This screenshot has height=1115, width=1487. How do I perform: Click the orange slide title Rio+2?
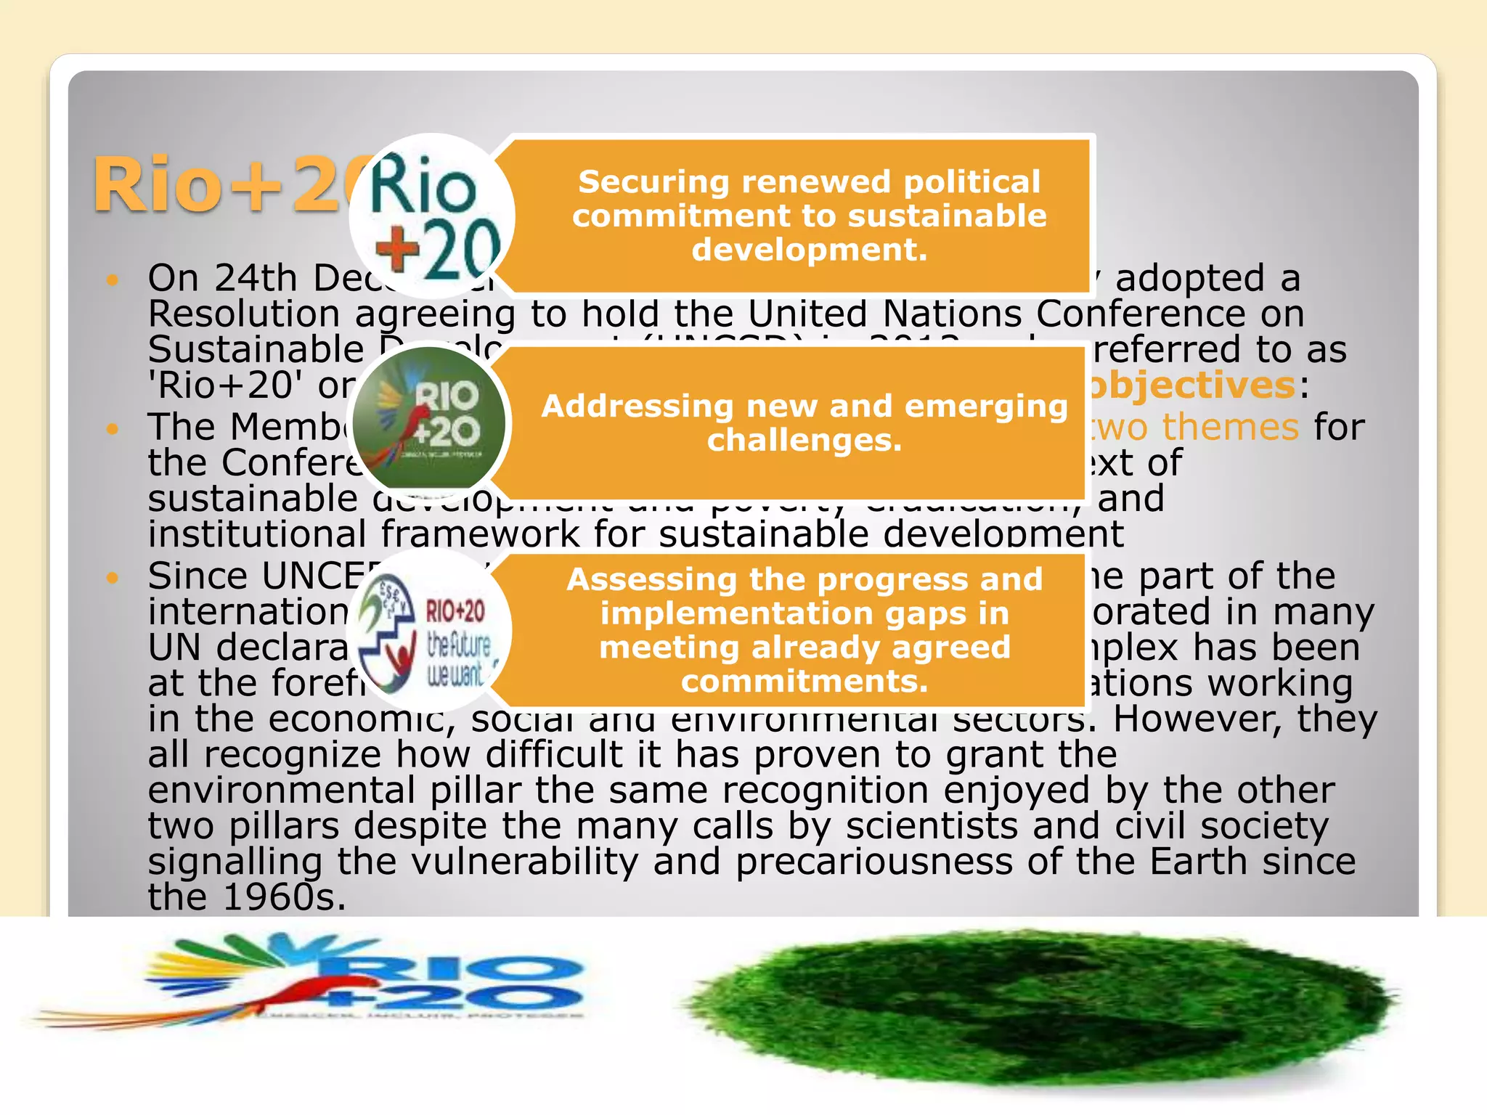(x=218, y=186)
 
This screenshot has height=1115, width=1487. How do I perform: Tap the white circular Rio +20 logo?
(x=433, y=216)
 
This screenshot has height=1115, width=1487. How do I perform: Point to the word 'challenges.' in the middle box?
(x=804, y=440)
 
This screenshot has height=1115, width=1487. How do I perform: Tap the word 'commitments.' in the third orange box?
(x=804, y=681)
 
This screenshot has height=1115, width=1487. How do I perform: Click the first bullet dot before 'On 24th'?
(x=112, y=279)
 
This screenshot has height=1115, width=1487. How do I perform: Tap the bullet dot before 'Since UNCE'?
(x=112, y=578)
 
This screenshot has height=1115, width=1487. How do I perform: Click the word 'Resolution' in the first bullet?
(x=244, y=314)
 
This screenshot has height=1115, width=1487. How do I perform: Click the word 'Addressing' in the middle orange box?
(x=637, y=406)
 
